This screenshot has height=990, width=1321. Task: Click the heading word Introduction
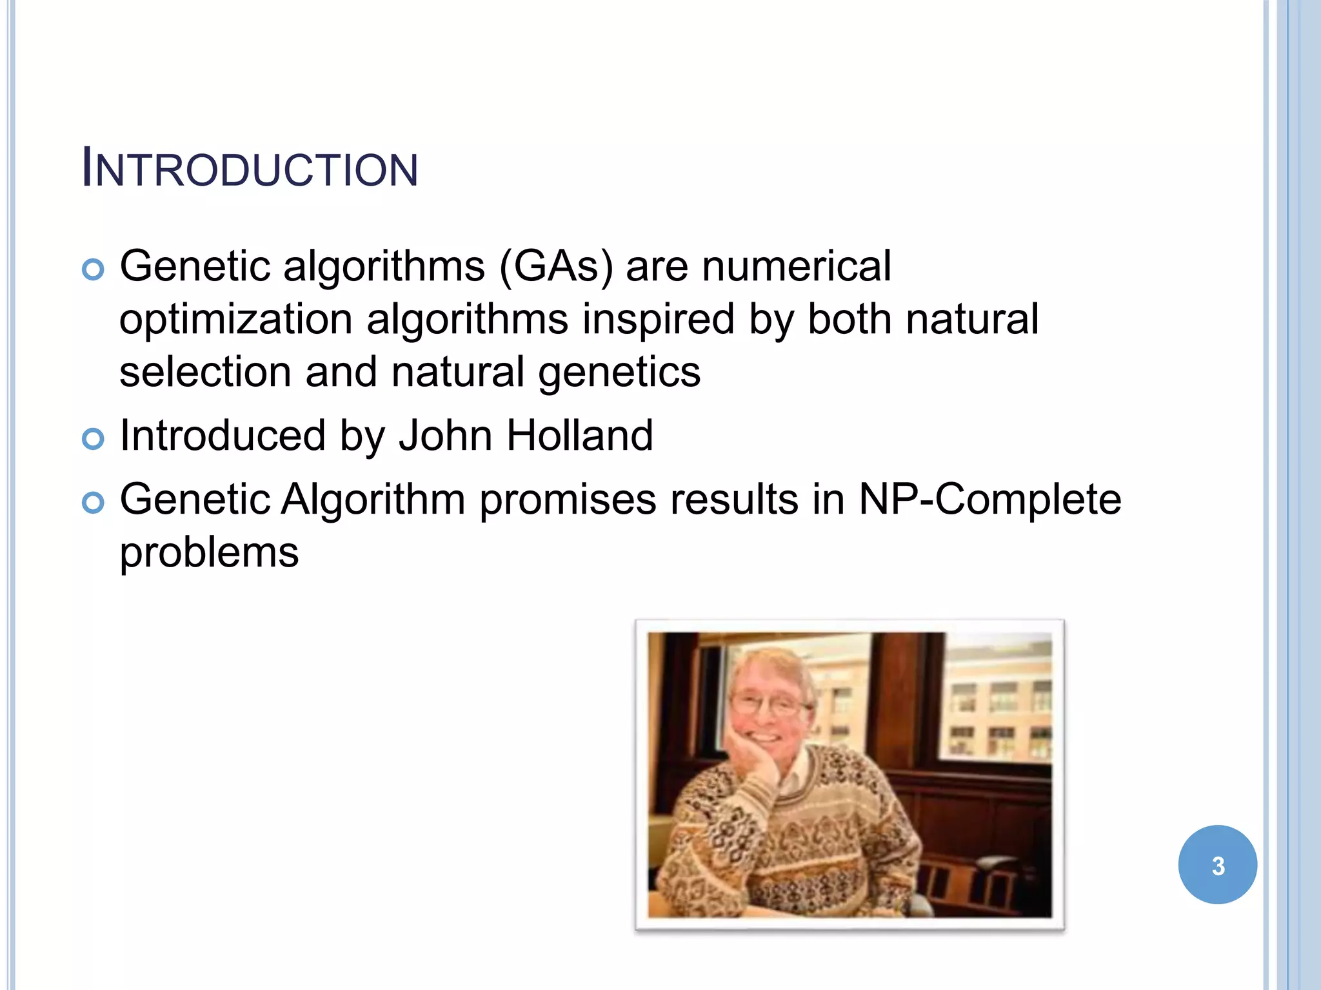(250, 170)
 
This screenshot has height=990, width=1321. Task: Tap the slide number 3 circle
(1217, 865)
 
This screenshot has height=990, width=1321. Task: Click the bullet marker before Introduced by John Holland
(94, 440)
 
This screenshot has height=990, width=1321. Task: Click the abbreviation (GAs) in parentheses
(555, 266)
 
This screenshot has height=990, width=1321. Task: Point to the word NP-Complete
(989, 500)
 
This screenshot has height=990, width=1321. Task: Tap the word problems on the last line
(209, 553)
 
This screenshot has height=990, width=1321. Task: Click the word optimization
(235, 320)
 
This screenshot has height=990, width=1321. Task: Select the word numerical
(796, 266)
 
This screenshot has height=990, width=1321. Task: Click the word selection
(205, 373)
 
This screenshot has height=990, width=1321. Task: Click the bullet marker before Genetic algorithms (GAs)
(94, 269)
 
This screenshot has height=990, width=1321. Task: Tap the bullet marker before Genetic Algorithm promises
(94, 503)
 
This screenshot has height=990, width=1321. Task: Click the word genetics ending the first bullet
(619, 373)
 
